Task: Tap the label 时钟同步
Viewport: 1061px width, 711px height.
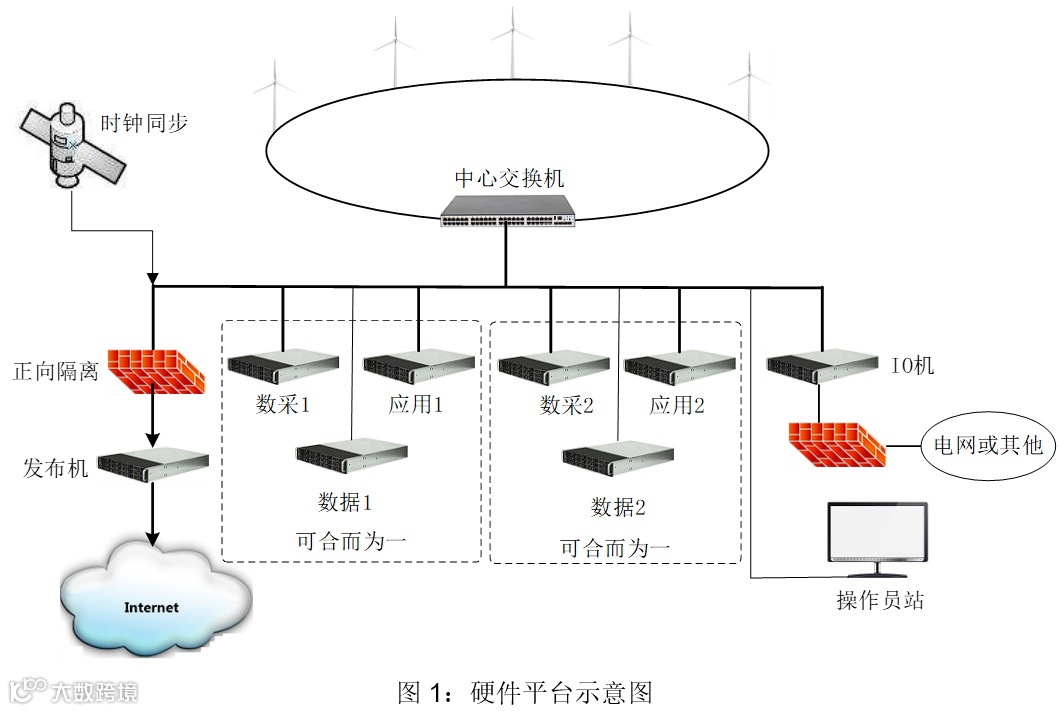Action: [x=144, y=125]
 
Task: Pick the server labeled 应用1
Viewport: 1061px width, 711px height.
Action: [x=418, y=367]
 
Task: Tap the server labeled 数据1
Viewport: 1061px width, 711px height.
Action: [x=350, y=455]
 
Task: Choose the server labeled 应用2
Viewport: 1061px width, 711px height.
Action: [x=679, y=367]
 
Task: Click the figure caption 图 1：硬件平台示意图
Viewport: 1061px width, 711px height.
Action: [x=525, y=691]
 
